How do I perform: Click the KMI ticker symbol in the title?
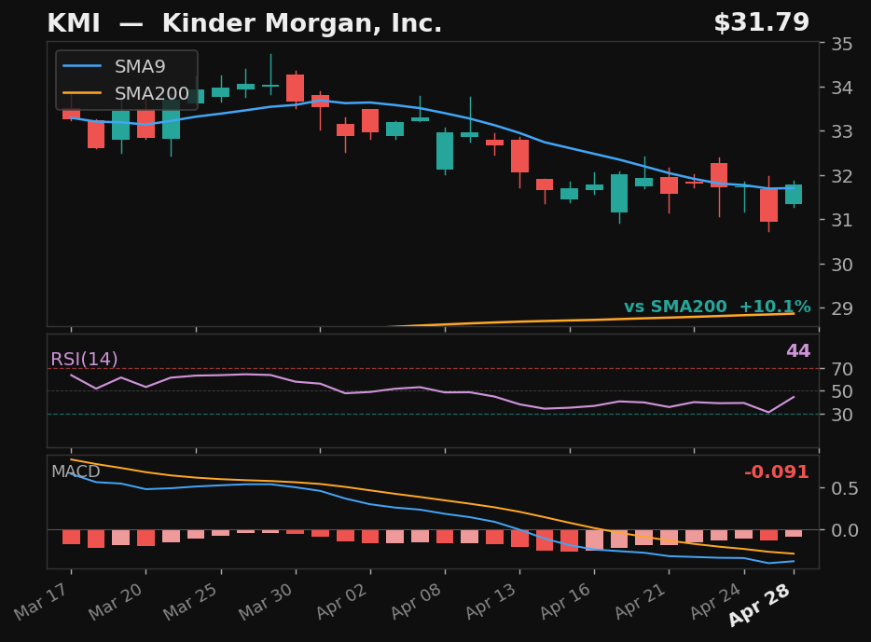coord(74,23)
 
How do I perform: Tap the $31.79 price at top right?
coord(761,23)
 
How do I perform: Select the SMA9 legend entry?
coord(139,66)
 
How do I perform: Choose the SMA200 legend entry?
coord(150,93)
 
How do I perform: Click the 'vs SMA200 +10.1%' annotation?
coord(716,307)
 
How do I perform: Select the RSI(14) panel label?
coord(84,360)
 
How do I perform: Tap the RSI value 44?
coord(797,351)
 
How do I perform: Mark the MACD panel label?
coord(76,471)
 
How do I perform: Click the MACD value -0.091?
coord(776,472)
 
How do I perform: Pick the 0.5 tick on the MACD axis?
coord(845,488)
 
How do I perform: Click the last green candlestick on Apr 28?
coord(794,194)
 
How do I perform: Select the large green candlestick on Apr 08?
coord(445,150)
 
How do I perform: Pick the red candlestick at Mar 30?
coord(295,88)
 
